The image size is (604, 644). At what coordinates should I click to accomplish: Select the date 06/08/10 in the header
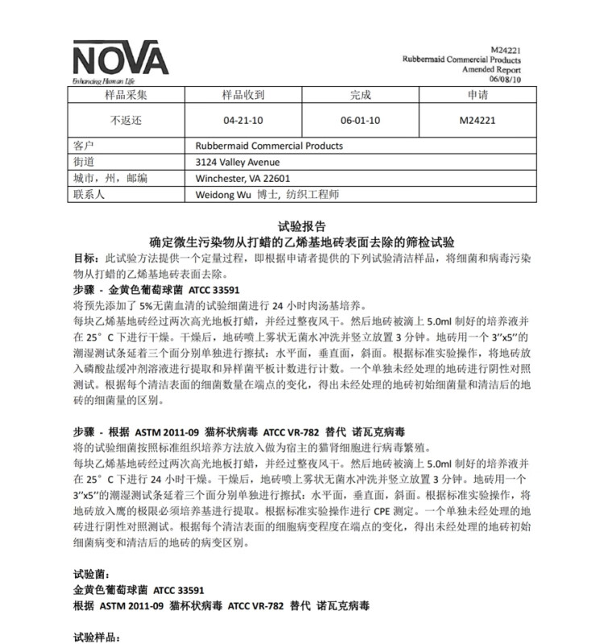pos(505,79)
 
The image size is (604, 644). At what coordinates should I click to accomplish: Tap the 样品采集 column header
pos(126,95)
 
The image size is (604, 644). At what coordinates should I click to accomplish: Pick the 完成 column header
pos(360,95)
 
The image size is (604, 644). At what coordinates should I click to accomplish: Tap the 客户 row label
pos(85,146)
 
